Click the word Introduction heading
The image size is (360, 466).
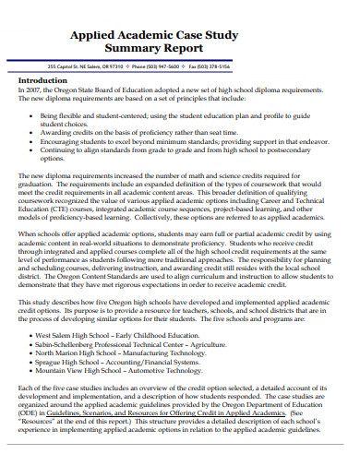click(x=43, y=80)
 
